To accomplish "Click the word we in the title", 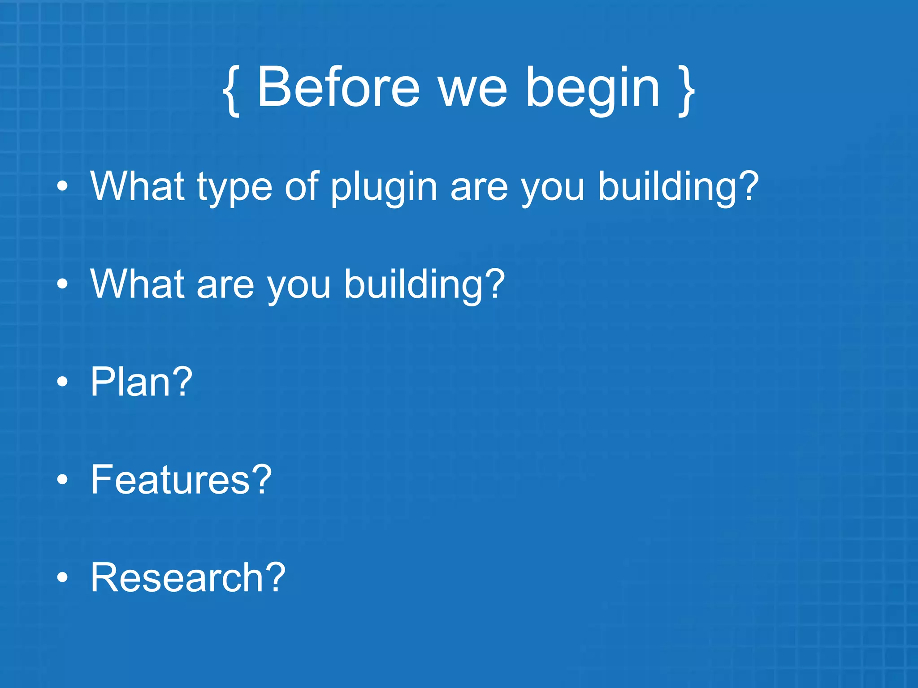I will click(472, 92).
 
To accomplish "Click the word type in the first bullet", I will click(234, 188).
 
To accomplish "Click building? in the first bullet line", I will click(678, 188).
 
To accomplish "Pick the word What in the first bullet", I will click(137, 186).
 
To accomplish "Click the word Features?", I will click(181, 480).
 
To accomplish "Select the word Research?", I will click(188, 577).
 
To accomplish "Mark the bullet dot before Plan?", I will click(63, 382).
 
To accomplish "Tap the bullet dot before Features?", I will click(63, 480).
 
